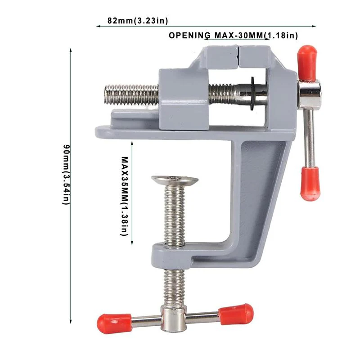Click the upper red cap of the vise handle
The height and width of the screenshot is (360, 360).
307,61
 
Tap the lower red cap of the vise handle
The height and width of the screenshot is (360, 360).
310,183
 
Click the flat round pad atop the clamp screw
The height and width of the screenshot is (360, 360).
175,180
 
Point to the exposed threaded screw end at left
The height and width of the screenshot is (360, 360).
130,93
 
